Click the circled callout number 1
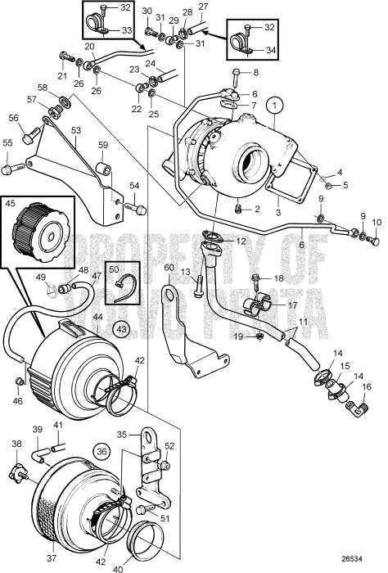(x=277, y=105)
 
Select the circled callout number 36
(x=102, y=449)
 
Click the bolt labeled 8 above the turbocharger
(x=235, y=79)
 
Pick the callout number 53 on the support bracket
(x=74, y=129)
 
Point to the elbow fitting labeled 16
(x=357, y=404)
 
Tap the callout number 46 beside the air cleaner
(x=18, y=401)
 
